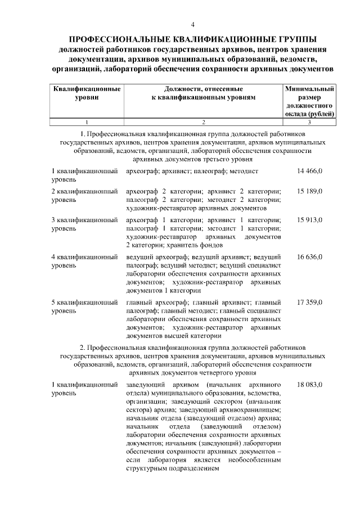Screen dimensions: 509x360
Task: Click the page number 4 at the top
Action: pyautogui.click(x=193, y=25)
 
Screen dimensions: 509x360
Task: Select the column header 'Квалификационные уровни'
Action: pyautogui.click(x=87, y=93)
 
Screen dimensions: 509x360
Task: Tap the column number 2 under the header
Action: pyautogui.click(x=203, y=122)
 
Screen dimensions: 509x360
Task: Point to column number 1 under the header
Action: pyautogui.click(x=87, y=122)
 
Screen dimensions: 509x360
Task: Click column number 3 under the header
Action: pyautogui.click(x=309, y=122)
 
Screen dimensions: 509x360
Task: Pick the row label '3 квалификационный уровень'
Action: pyautogui.click(x=84, y=225)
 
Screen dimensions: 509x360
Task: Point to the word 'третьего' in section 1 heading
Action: pyautogui.click(x=211, y=159)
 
